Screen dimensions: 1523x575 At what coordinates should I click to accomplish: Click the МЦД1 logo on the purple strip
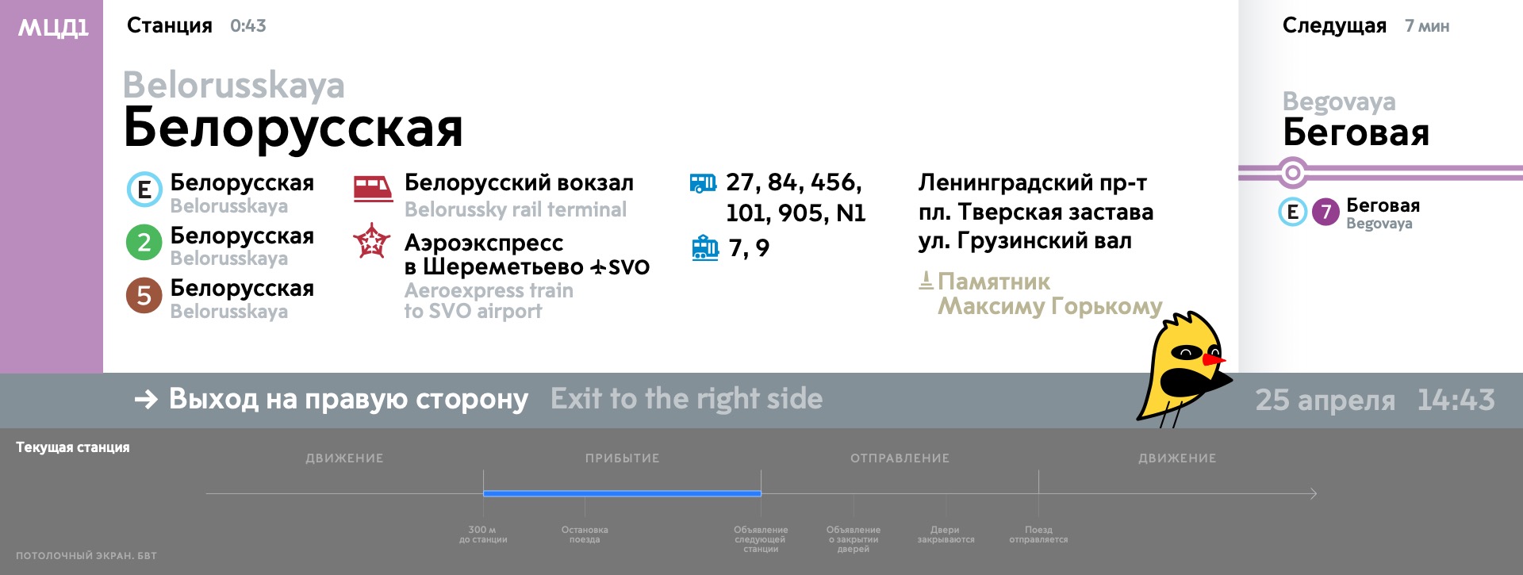coord(53,29)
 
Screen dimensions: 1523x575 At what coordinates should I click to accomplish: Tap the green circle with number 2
coord(144,242)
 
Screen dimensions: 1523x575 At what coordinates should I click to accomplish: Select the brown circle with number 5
coord(144,295)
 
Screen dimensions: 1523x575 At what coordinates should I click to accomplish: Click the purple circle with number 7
coord(1325,212)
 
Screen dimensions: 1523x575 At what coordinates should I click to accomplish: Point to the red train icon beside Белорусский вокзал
coord(373,189)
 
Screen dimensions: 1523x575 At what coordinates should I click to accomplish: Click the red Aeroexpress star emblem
coord(372,241)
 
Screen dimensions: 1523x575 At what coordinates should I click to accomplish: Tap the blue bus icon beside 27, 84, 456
coord(703,184)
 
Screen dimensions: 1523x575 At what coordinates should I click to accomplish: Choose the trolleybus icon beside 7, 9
coord(705,247)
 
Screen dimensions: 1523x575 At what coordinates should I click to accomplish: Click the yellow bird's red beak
coord(1214,360)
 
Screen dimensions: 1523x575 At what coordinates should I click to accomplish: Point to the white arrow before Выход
coord(146,399)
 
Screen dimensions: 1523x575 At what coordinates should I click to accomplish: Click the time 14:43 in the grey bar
coord(1456,400)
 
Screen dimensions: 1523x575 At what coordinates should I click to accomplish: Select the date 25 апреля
coord(1325,401)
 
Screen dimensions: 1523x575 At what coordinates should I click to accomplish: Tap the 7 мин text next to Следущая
coord(1427,26)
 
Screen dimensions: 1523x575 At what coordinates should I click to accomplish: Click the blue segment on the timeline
coord(622,493)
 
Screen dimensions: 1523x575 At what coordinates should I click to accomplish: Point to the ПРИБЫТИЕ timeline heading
coord(623,458)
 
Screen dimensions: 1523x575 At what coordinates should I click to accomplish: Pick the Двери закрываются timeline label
coord(946,535)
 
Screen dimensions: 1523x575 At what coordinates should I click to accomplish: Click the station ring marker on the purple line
coord(1293,172)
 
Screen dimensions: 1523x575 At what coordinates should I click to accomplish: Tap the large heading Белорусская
coord(293,128)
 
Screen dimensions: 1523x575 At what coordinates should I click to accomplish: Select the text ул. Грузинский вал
coord(1025,241)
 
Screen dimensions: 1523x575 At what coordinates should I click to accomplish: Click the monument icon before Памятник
coord(926,281)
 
